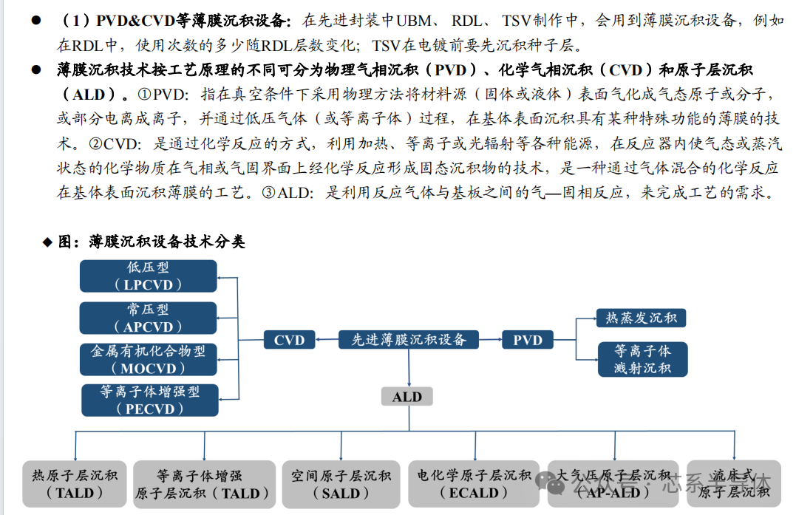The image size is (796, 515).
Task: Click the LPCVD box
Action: pyautogui.click(x=149, y=276)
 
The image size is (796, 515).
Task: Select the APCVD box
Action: pyautogui.click(x=149, y=318)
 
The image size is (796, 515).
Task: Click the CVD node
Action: pyautogui.click(x=289, y=340)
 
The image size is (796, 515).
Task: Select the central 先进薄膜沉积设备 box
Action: pyautogui.click(x=409, y=340)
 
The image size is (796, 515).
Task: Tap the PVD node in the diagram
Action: pyautogui.click(x=528, y=340)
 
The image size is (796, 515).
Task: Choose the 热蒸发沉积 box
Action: pyautogui.click(x=642, y=318)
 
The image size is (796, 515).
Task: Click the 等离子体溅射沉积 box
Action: pyautogui.click(x=642, y=358)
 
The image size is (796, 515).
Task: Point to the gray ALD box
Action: pyautogui.click(x=407, y=397)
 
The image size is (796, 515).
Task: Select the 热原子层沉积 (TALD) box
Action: pyautogui.click(x=75, y=485)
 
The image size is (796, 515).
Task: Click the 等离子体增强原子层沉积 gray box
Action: pyautogui.click(x=200, y=485)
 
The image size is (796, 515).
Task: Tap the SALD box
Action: pyautogui.click(x=341, y=485)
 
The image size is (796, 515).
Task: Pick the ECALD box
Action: pyautogui.click(x=474, y=485)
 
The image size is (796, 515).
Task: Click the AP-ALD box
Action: pyautogui.click(x=613, y=485)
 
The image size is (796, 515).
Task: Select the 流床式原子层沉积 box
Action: pyautogui.click(x=733, y=485)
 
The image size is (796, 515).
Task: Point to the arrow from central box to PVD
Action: pyautogui.click(x=490, y=340)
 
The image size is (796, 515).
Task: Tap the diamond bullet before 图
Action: pyautogui.click(x=47, y=242)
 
